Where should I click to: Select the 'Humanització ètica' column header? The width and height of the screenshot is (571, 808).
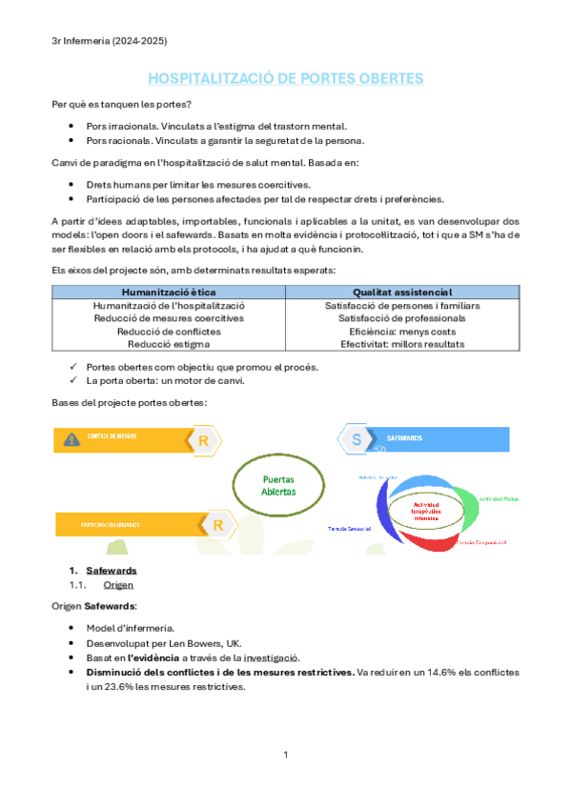(x=169, y=292)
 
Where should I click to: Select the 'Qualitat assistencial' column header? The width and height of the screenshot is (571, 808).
(x=402, y=292)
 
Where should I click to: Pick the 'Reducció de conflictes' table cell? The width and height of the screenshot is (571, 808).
(x=169, y=332)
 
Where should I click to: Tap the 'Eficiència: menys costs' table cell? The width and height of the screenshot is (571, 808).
(x=402, y=332)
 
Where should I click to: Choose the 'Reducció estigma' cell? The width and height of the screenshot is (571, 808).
(x=169, y=344)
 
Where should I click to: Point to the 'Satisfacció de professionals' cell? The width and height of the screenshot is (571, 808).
(x=402, y=318)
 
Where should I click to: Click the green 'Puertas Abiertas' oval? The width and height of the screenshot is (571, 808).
(x=278, y=486)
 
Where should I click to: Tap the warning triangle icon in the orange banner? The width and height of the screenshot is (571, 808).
(x=71, y=438)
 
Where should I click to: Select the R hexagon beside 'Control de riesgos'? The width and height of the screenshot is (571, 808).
(x=204, y=439)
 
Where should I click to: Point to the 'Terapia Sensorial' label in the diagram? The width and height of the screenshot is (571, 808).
(x=350, y=528)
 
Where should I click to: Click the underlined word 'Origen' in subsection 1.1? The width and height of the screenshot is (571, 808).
(x=118, y=585)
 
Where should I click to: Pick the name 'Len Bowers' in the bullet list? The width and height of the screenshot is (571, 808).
(x=174, y=643)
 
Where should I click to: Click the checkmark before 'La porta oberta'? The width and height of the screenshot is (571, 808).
(x=74, y=381)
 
